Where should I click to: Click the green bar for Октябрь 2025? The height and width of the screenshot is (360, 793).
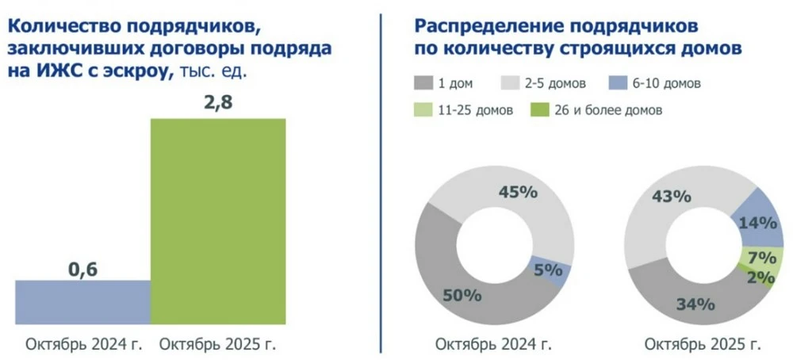click(x=218, y=221)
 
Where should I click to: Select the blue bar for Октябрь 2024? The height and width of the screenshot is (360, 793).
click(x=82, y=302)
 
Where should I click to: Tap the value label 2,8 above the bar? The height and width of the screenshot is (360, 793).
click(x=217, y=103)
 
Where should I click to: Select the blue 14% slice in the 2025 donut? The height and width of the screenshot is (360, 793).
click(x=753, y=222)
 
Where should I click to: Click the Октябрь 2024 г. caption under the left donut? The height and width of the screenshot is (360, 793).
click(x=492, y=345)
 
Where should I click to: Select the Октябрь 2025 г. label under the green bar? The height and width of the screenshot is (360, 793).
click(x=218, y=345)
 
